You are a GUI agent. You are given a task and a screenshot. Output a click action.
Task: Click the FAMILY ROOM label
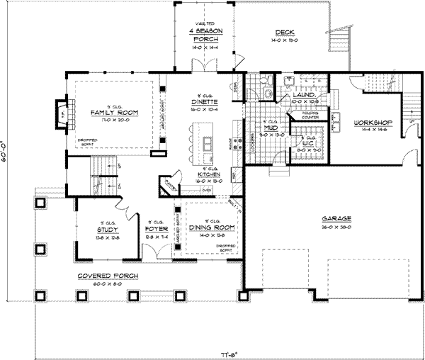113,113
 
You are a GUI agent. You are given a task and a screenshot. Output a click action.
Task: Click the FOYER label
155,230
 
